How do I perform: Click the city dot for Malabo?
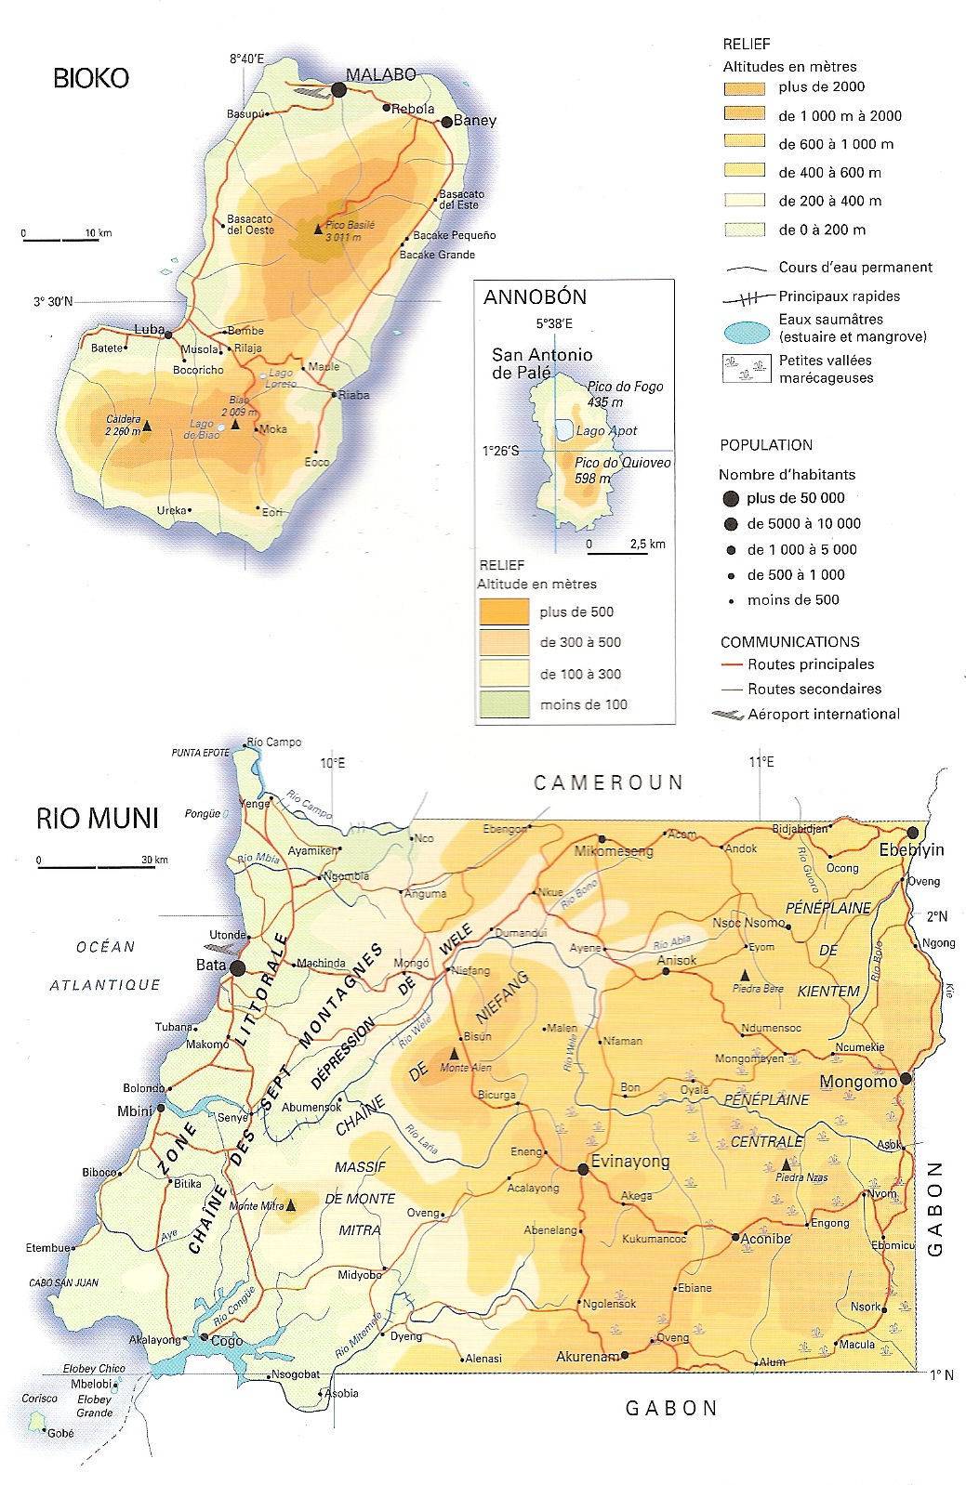point(338,89)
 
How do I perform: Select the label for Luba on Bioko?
point(149,330)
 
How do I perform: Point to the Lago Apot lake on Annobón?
point(563,429)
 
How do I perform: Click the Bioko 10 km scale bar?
point(61,240)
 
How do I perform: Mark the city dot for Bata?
point(238,967)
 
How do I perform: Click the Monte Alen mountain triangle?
point(454,1054)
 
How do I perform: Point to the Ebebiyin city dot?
point(913,832)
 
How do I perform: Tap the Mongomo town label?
point(857,1082)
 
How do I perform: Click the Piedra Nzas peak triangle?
point(787,1164)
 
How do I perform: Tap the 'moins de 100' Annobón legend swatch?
point(503,704)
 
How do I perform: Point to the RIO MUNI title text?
point(98,819)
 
